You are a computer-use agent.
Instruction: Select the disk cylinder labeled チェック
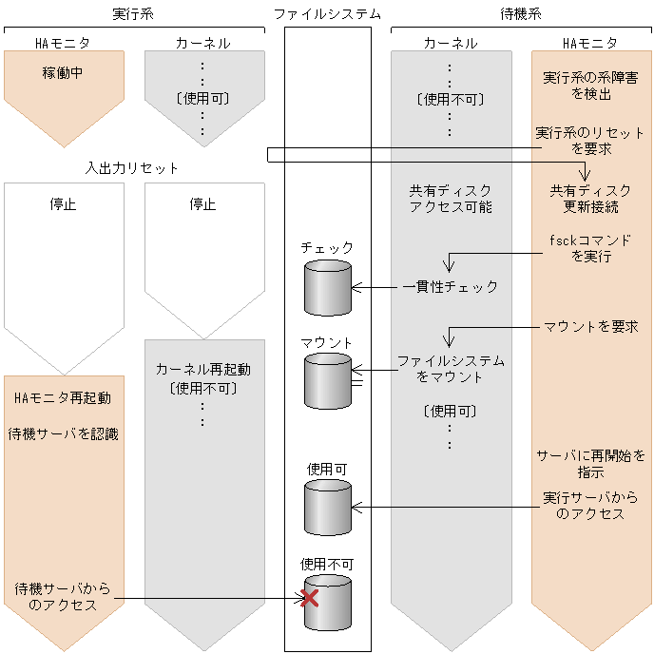coord(328,288)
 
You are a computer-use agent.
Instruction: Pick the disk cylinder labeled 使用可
coord(328,508)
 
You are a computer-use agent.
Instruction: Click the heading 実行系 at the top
coord(133,13)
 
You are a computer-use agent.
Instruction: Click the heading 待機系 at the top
coord(521,13)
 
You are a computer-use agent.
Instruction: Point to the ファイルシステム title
coord(328,13)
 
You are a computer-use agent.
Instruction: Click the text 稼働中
coord(64,72)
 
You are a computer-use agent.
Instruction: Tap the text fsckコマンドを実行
coord(590,248)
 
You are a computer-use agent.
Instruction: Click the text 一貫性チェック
coord(450,286)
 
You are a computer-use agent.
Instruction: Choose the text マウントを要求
coord(590,327)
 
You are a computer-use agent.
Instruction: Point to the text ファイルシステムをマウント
coord(451,369)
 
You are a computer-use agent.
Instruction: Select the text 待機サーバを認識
coord(64,433)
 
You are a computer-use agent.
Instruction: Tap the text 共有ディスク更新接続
coord(590,198)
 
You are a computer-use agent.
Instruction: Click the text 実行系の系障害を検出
coord(590,86)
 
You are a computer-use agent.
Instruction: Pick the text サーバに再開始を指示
coord(590,463)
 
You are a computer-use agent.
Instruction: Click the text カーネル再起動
coord(202,369)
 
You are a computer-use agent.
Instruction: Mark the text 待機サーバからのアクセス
coord(64,597)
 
